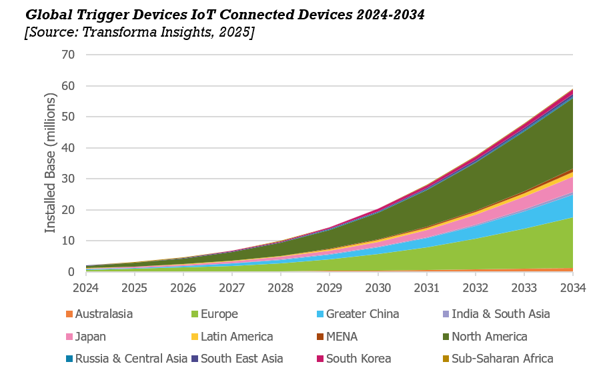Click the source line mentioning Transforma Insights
139,33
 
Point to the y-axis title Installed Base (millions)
51,163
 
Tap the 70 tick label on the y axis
66,55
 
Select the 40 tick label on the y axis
66,148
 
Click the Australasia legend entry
103,314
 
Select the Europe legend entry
219,314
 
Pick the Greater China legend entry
362,314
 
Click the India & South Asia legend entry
500,314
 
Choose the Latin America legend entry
236,337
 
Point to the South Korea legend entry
358,359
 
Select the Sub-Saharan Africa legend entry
502,359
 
